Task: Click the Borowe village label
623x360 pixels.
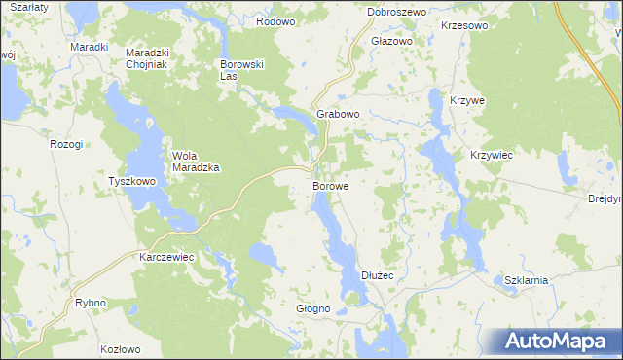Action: coord(331,183)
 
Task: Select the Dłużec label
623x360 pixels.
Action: coord(377,276)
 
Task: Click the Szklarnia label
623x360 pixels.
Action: coord(527,280)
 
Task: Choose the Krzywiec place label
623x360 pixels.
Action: coord(492,155)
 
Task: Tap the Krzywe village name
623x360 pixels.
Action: coord(467,101)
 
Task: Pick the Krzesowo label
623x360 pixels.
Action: coord(463,26)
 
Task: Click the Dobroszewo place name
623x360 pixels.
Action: coord(397,12)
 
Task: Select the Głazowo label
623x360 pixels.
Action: coord(392,42)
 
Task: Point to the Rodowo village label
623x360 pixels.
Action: coord(275,20)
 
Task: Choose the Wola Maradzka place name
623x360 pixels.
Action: coord(196,161)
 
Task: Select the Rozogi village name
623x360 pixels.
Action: coord(66,144)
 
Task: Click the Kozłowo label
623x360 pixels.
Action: coord(121,348)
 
